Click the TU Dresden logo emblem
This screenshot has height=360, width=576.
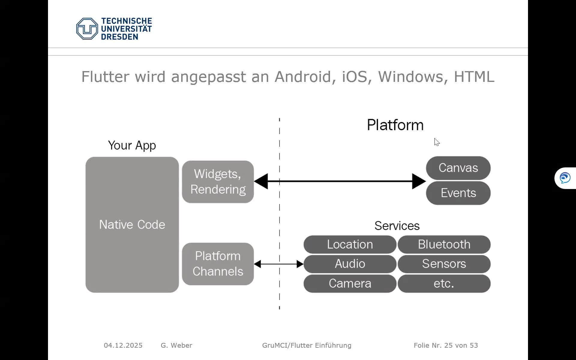[x=87, y=29]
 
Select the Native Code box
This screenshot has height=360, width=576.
[x=132, y=224]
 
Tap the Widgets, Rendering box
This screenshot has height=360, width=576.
[x=218, y=182]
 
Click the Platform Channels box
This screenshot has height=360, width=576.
[x=218, y=264]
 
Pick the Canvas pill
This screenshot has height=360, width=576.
[x=458, y=168]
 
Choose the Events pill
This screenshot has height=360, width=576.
[x=458, y=193]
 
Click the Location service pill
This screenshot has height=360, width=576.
[x=350, y=244]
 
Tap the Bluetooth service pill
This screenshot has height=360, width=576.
[x=444, y=244]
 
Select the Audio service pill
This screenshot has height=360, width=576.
[x=350, y=264]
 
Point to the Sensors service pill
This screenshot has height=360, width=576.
[x=444, y=264]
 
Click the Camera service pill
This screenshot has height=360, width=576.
[x=350, y=283]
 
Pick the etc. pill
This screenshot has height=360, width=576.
[x=444, y=283]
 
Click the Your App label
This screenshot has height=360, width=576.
[x=132, y=145]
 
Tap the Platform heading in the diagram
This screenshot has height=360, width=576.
[x=395, y=125]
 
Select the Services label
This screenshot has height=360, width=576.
[x=397, y=226]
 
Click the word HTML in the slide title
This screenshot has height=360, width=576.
[x=474, y=77]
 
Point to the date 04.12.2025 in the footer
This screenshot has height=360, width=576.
[x=123, y=345]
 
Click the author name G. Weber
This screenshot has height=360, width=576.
[x=176, y=345]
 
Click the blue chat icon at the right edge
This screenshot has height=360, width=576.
[x=565, y=178]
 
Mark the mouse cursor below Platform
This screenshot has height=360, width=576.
[x=436, y=142]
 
